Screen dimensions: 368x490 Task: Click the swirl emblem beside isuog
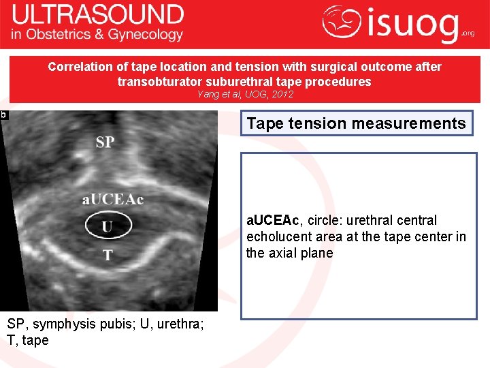342,22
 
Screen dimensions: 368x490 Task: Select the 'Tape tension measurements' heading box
356,123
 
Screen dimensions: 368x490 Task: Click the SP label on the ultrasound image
105,142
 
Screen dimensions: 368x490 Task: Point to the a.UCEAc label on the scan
113,199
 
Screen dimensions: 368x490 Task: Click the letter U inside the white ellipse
107,226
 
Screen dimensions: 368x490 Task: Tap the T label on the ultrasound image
108,255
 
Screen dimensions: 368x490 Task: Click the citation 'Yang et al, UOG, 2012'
245,94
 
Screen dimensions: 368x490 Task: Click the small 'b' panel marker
3,115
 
